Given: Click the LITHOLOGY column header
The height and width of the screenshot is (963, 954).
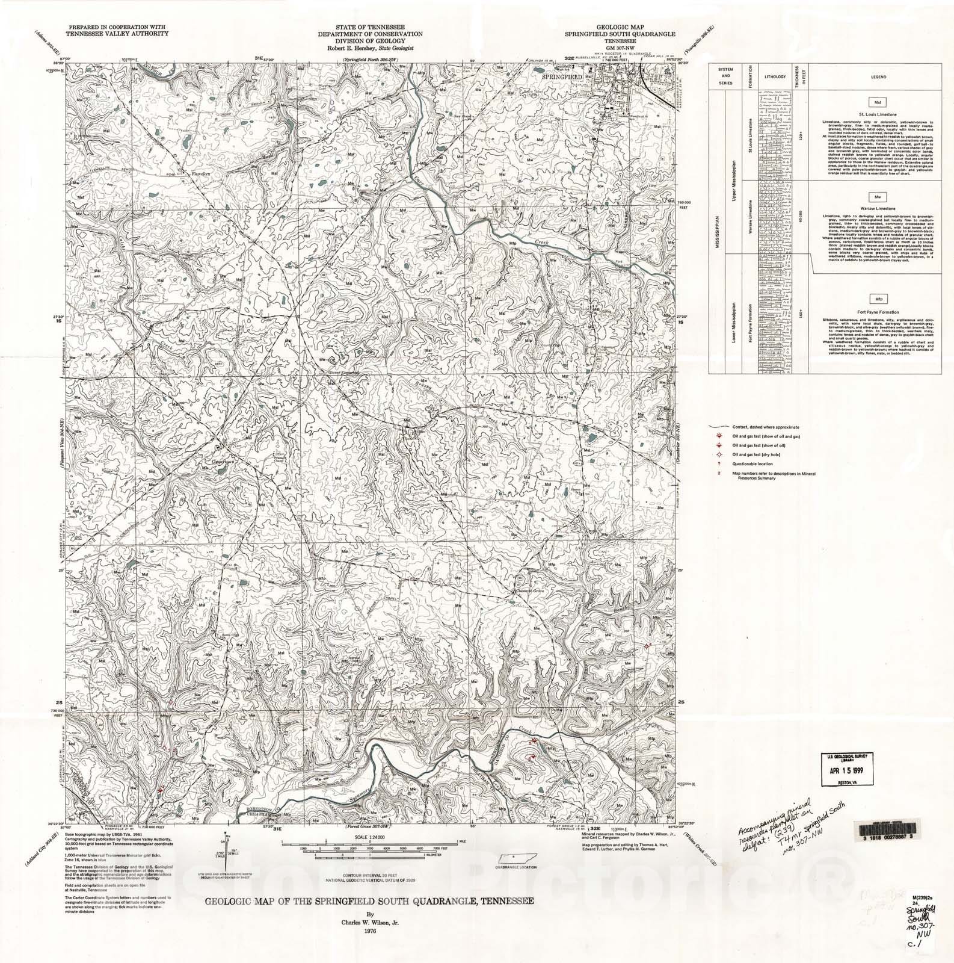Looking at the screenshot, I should coord(774,78).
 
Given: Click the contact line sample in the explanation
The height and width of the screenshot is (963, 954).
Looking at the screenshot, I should coord(716,427).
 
